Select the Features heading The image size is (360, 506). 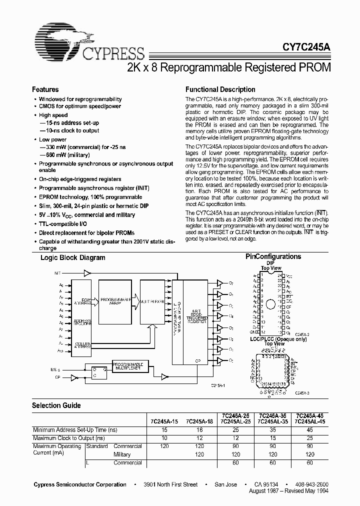click(x=45, y=89)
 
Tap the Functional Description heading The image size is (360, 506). click(x=220, y=89)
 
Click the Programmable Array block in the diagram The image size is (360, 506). click(x=114, y=301)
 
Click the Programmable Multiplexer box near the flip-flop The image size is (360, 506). click(x=127, y=365)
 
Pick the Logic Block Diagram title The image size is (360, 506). click(x=72, y=257)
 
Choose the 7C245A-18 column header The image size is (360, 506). click(x=199, y=421)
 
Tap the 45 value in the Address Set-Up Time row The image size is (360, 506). click(x=309, y=430)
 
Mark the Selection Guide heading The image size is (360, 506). click(x=56, y=405)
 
